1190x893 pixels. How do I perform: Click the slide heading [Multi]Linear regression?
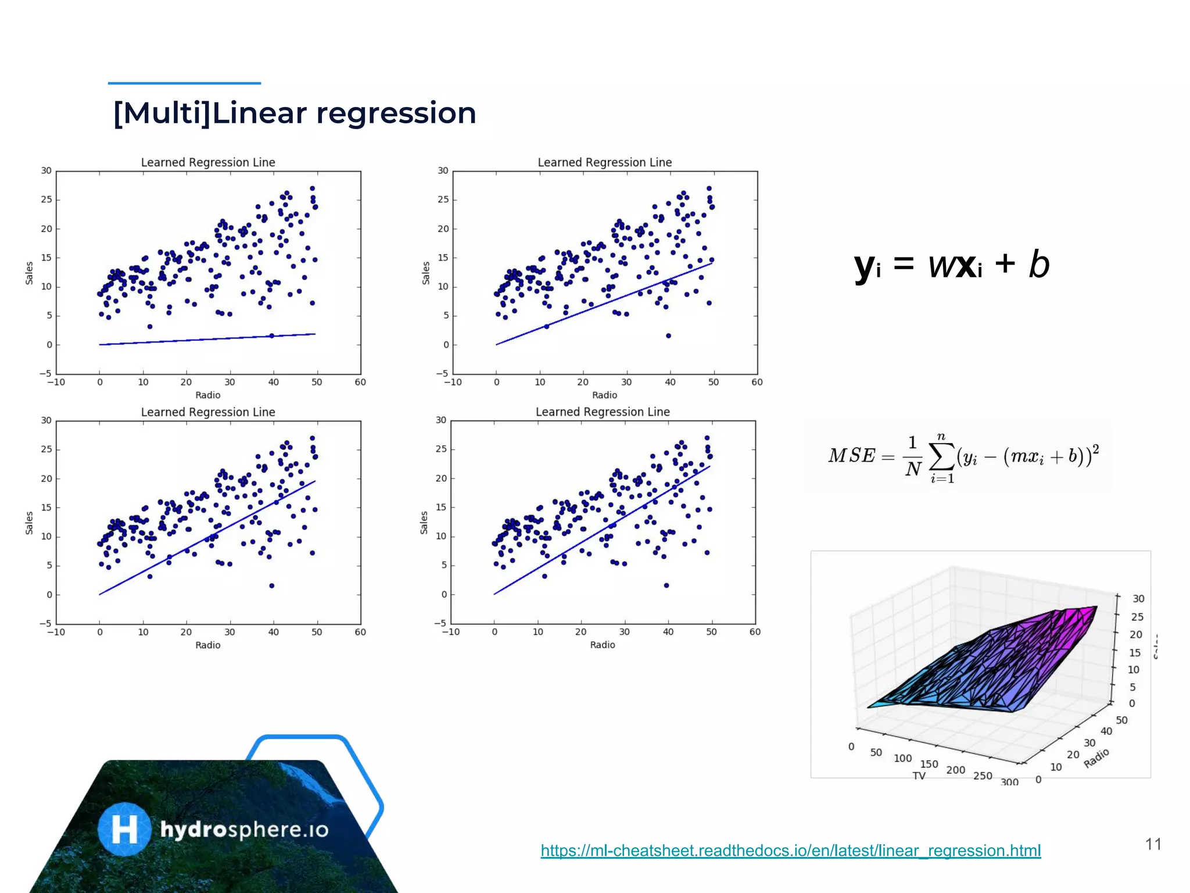tap(295, 113)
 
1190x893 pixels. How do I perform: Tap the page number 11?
tap(1153, 844)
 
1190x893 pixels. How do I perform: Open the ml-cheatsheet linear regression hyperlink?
tap(790, 851)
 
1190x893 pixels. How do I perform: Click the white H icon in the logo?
tap(124, 829)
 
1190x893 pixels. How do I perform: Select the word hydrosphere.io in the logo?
tap(244, 830)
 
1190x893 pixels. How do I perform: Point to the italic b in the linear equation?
tap(1039, 265)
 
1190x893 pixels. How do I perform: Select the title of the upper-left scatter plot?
tap(208, 162)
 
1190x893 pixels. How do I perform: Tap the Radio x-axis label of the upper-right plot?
tap(604, 395)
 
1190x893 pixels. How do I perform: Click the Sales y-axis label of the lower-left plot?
tap(29, 523)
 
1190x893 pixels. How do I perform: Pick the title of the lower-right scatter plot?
tap(603, 412)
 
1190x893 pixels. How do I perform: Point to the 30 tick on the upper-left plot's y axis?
tap(46, 170)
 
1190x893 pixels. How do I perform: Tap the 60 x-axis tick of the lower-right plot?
tap(755, 631)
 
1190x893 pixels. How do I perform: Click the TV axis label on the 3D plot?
tap(919, 776)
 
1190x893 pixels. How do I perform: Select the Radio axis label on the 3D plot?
tap(1096, 758)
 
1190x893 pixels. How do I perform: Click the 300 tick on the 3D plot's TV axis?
tap(1010, 782)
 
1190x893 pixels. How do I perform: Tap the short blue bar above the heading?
tap(184, 83)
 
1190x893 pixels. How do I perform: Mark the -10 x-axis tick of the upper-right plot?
tap(453, 382)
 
